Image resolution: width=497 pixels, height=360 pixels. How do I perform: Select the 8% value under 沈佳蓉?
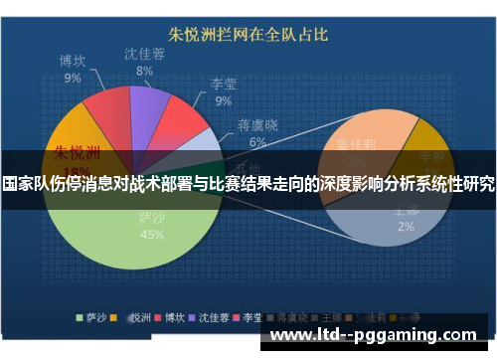click(x=145, y=72)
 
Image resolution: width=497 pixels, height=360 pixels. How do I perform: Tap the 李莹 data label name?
click(x=223, y=87)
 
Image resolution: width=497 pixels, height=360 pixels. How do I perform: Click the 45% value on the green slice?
click(x=152, y=235)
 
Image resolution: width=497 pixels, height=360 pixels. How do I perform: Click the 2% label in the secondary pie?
click(x=406, y=226)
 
